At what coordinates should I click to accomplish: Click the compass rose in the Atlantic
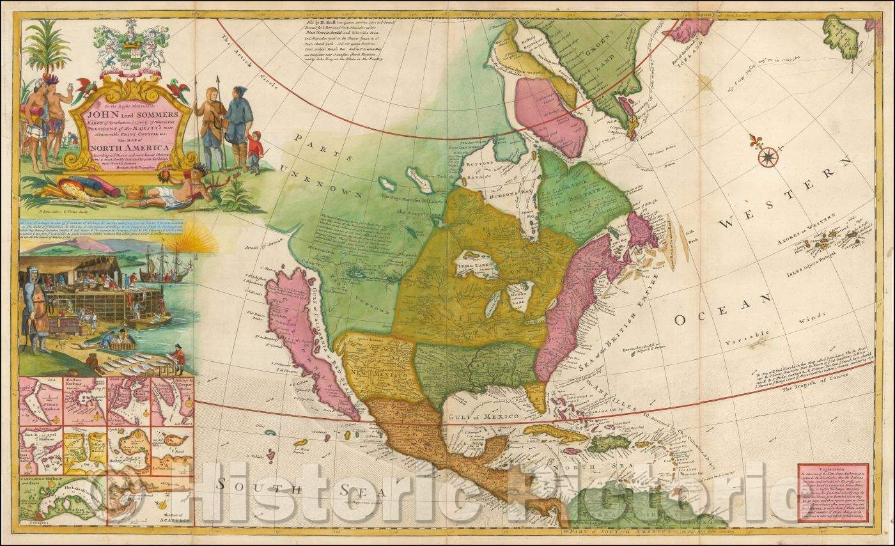(x=768, y=154)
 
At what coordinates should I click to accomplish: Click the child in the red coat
(x=256, y=150)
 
